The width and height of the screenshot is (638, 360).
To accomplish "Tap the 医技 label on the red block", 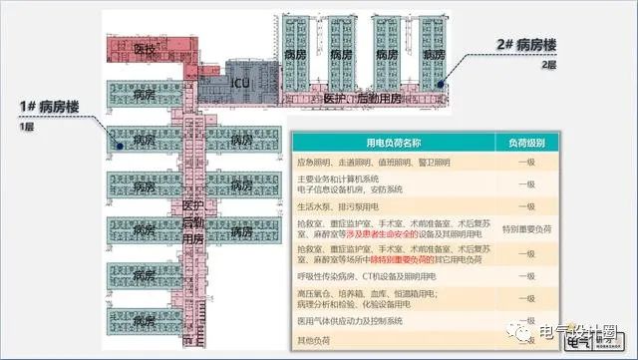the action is tap(146, 49).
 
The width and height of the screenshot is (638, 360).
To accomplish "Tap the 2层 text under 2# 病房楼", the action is tap(546, 64).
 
